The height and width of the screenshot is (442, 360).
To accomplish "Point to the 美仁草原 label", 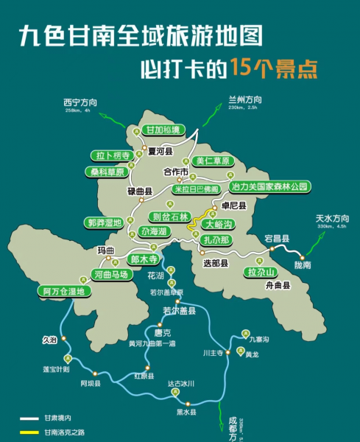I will click(213, 161).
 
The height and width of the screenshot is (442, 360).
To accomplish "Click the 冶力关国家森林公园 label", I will click(268, 186).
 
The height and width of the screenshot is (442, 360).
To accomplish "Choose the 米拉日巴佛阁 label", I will click(196, 189).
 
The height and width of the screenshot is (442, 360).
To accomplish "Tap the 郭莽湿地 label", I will click(105, 222).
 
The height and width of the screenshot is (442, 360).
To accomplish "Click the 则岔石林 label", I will click(170, 216).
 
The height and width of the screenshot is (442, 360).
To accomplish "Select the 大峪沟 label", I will click(219, 223).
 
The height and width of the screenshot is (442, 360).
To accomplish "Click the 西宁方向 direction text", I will click(81, 102).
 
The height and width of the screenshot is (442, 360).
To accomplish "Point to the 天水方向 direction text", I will click(332, 218).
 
